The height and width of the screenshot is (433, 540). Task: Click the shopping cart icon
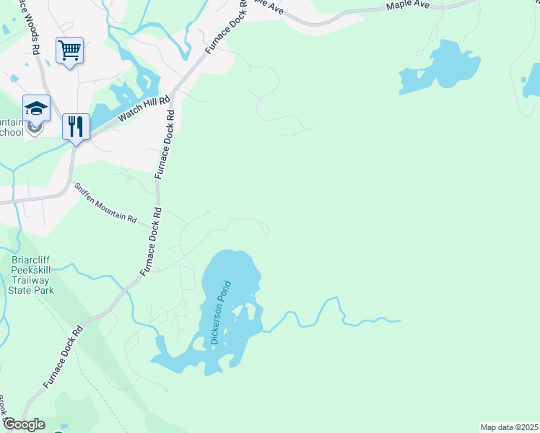(69, 51)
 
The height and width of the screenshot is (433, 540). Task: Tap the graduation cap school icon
(36, 108)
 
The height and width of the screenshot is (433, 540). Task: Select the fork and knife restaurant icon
(76, 127)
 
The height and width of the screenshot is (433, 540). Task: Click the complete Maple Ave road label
(408, 6)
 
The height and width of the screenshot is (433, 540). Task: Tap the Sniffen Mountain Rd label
(105, 202)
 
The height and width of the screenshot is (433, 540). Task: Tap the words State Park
(30, 290)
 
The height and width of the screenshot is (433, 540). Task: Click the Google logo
(23, 424)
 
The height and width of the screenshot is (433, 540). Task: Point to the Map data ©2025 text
(509, 427)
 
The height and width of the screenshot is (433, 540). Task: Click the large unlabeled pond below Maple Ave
(444, 67)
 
